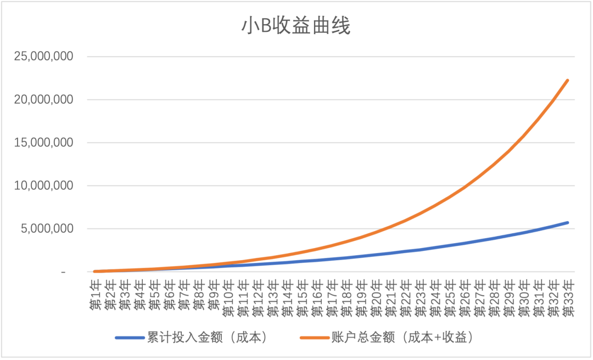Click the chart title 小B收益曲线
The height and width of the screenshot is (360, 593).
[x=296, y=26]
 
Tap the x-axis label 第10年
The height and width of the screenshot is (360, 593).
[x=229, y=298]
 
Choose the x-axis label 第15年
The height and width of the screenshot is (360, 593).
[x=303, y=298]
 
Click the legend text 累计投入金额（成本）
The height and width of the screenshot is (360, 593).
[x=207, y=338]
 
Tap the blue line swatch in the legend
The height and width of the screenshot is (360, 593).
[x=130, y=338]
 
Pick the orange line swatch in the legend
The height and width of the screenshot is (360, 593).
[x=315, y=338]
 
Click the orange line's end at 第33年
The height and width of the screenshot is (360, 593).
[x=567, y=80]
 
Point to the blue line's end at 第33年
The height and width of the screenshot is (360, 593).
[x=567, y=223]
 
